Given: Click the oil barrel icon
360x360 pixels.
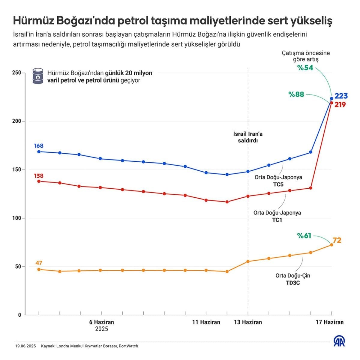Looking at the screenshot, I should pyautogui.click(x=38, y=76).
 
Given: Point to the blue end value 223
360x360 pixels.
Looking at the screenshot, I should pyautogui.click(x=341, y=96).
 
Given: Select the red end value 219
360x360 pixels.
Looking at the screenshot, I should pyautogui.click(x=340, y=105).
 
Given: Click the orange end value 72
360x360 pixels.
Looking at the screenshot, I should pyautogui.click(x=337, y=240).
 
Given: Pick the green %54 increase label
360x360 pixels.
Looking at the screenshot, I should pyautogui.click(x=305, y=68).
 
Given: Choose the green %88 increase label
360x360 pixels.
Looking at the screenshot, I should pyautogui.click(x=296, y=94).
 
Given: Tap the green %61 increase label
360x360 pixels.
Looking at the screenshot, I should pyautogui.click(x=304, y=236).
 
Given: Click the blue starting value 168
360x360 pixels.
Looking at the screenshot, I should pyautogui.click(x=39, y=146).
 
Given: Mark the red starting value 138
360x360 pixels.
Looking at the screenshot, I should pyautogui.click(x=39, y=176).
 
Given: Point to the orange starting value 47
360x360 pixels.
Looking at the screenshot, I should pyautogui.click(x=39, y=263).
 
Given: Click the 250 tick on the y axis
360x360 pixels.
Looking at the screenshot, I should pyautogui.click(x=17, y=73).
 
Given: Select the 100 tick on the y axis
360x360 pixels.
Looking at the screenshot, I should pyautogui.click(x=17, y=218).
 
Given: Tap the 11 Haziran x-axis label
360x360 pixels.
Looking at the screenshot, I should pyautogui.click(x=206, y=322).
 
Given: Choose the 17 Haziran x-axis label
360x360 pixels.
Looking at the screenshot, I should pyautogui.click(x=329, y=322).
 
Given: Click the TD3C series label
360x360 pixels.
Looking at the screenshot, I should pyautogui.click(x=293, y=283).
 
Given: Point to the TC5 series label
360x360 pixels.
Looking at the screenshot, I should pyautogui.click(x=278, y=184).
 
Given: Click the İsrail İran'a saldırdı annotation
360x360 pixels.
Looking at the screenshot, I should pyautogui.click(x=248, y=137).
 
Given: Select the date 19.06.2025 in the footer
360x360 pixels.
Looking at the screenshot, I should pyautogui.click(x=25, y=346).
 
